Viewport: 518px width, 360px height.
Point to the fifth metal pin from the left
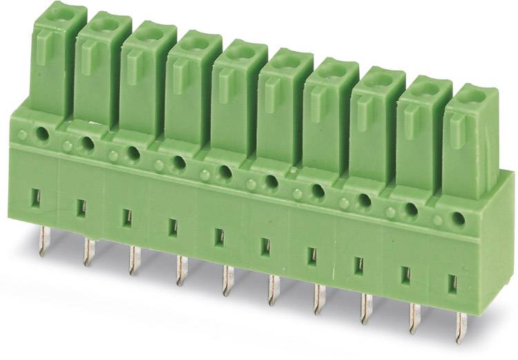(225, 282)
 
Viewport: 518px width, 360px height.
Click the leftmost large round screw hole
(44, 135)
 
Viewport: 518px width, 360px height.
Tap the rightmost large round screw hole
(457, 219)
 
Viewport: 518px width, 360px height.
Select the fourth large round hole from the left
(179, 162)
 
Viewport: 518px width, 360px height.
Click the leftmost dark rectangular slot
(36, 198)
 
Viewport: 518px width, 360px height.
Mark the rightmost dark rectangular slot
(452, 283)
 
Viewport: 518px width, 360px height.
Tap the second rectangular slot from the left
(81, 207)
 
